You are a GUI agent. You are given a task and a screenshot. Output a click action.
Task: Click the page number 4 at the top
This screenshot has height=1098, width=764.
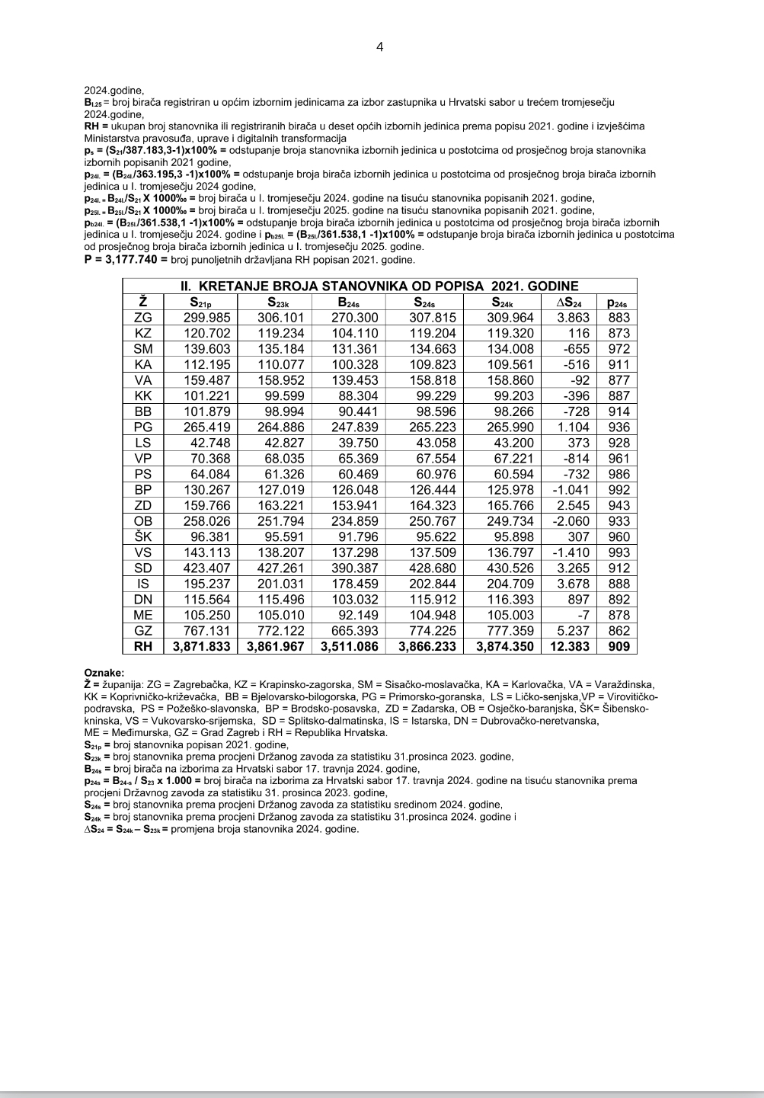(x=380, y=47)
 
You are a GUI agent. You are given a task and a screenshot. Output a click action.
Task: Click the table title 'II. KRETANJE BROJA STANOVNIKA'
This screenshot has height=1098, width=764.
(x=379, y=287)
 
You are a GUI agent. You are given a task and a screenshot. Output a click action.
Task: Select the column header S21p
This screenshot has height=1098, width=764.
(x=202, y=302)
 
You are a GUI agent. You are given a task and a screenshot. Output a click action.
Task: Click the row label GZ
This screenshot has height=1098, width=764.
(x=143, y=631)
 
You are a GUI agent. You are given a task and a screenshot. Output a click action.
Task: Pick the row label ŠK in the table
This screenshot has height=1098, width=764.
(x=143, y=536)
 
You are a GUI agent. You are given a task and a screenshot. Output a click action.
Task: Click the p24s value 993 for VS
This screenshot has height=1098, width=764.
(x=619, y=552)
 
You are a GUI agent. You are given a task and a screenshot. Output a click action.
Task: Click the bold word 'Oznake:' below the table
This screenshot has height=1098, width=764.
(x=104, y=673)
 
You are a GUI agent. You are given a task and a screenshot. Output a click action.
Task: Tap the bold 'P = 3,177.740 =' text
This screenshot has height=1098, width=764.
(x=126, y=260)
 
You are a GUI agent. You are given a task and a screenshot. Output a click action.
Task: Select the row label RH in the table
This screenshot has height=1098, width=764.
(x=143, y=647)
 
